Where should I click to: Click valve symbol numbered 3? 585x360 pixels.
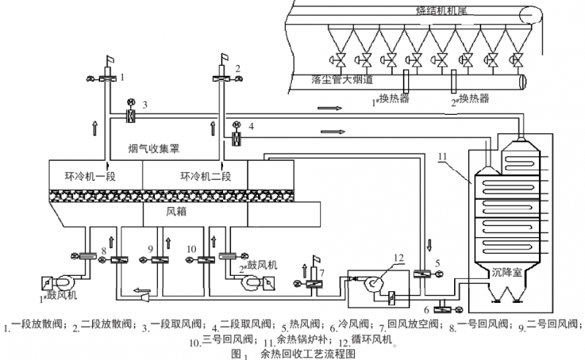[x=130, y=116]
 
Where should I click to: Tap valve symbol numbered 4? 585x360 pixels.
[x=236, y=136]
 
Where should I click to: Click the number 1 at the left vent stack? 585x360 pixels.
[x=125, y=76]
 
